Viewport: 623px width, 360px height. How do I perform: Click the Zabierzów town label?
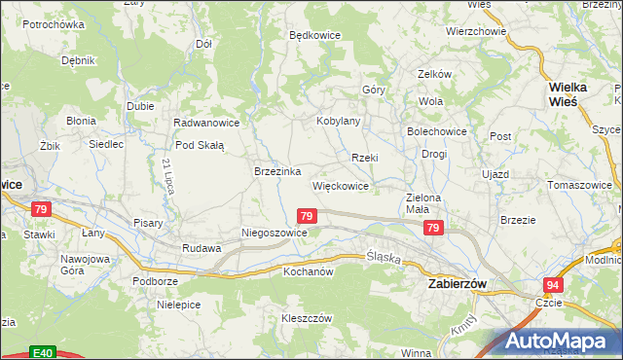(458, 283)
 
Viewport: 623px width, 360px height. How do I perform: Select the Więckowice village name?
(340, 185)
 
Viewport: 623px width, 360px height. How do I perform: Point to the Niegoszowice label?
(275, 234)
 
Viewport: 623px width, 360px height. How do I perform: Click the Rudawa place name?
(202, 248)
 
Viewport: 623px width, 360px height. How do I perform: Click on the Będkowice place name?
(314, 35)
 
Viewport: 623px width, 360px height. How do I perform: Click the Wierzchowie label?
(476, 31)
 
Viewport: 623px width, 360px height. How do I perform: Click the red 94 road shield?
(553, 284)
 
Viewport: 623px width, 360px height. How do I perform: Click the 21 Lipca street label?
(168, 175)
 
